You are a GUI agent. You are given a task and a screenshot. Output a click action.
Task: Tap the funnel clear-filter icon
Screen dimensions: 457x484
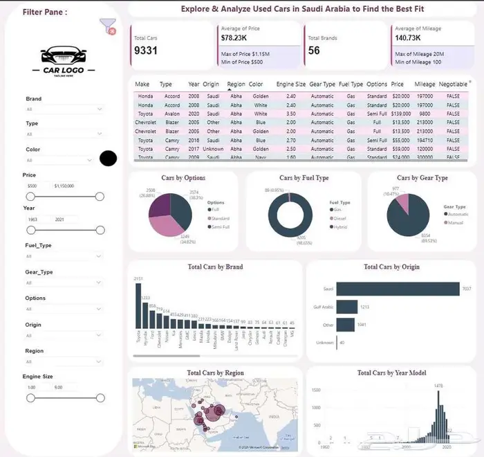[107, 27]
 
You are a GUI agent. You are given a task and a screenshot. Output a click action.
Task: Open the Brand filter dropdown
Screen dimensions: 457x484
[64, 109]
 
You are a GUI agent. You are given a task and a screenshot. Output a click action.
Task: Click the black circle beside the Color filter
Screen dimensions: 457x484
[108, 159]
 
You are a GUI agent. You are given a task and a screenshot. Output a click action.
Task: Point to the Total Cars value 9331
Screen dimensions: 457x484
[147, 51]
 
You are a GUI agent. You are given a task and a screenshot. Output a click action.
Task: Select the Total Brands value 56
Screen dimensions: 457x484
[315, 51]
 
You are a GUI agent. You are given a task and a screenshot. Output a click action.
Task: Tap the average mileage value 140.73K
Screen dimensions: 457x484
[409, 38]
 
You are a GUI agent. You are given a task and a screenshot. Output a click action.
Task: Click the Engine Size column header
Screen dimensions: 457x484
[290, 84]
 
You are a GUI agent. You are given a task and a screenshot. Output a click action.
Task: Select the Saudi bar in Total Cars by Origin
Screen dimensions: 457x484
[400, 288]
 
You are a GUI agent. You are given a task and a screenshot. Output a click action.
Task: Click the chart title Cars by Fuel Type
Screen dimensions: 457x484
[304, 178]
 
